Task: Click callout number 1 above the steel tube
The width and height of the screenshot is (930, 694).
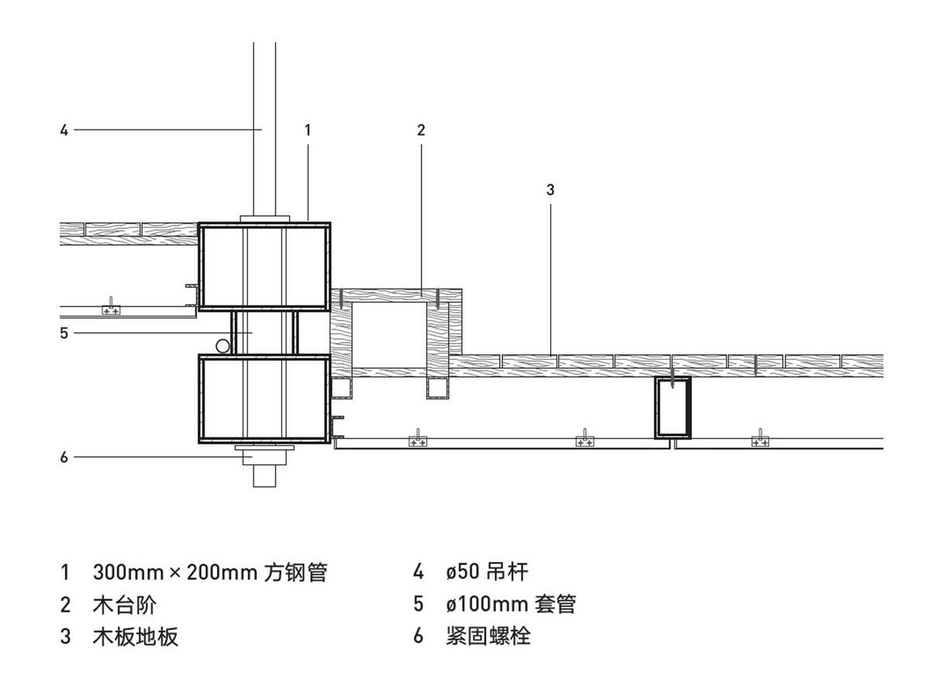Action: [308, 130]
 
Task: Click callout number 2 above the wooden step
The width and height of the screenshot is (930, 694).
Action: [421, 130]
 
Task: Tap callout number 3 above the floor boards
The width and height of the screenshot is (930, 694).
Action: [550, 189]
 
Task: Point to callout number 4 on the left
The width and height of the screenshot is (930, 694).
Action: [64, 130]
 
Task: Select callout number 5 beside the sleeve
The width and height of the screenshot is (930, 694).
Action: [64, 333]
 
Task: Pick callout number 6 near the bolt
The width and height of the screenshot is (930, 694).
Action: [64, 457]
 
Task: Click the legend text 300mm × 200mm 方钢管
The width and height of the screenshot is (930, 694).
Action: [210, 573]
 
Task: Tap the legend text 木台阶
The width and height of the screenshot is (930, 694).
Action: [124, 605]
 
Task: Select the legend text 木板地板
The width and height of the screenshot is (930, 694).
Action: [136, 637]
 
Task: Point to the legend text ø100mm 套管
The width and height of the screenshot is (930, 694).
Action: [511, 605]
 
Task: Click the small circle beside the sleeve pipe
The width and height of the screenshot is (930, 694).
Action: [223, 346]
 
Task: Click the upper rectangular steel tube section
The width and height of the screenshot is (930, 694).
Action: [263, 266]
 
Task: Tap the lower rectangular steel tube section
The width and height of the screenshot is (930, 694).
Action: [263, 399]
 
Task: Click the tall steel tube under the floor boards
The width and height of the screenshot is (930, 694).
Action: [672, 408]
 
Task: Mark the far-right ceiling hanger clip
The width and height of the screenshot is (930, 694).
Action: [760, 440]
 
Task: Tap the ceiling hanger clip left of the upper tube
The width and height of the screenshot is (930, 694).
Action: [112, 308]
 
